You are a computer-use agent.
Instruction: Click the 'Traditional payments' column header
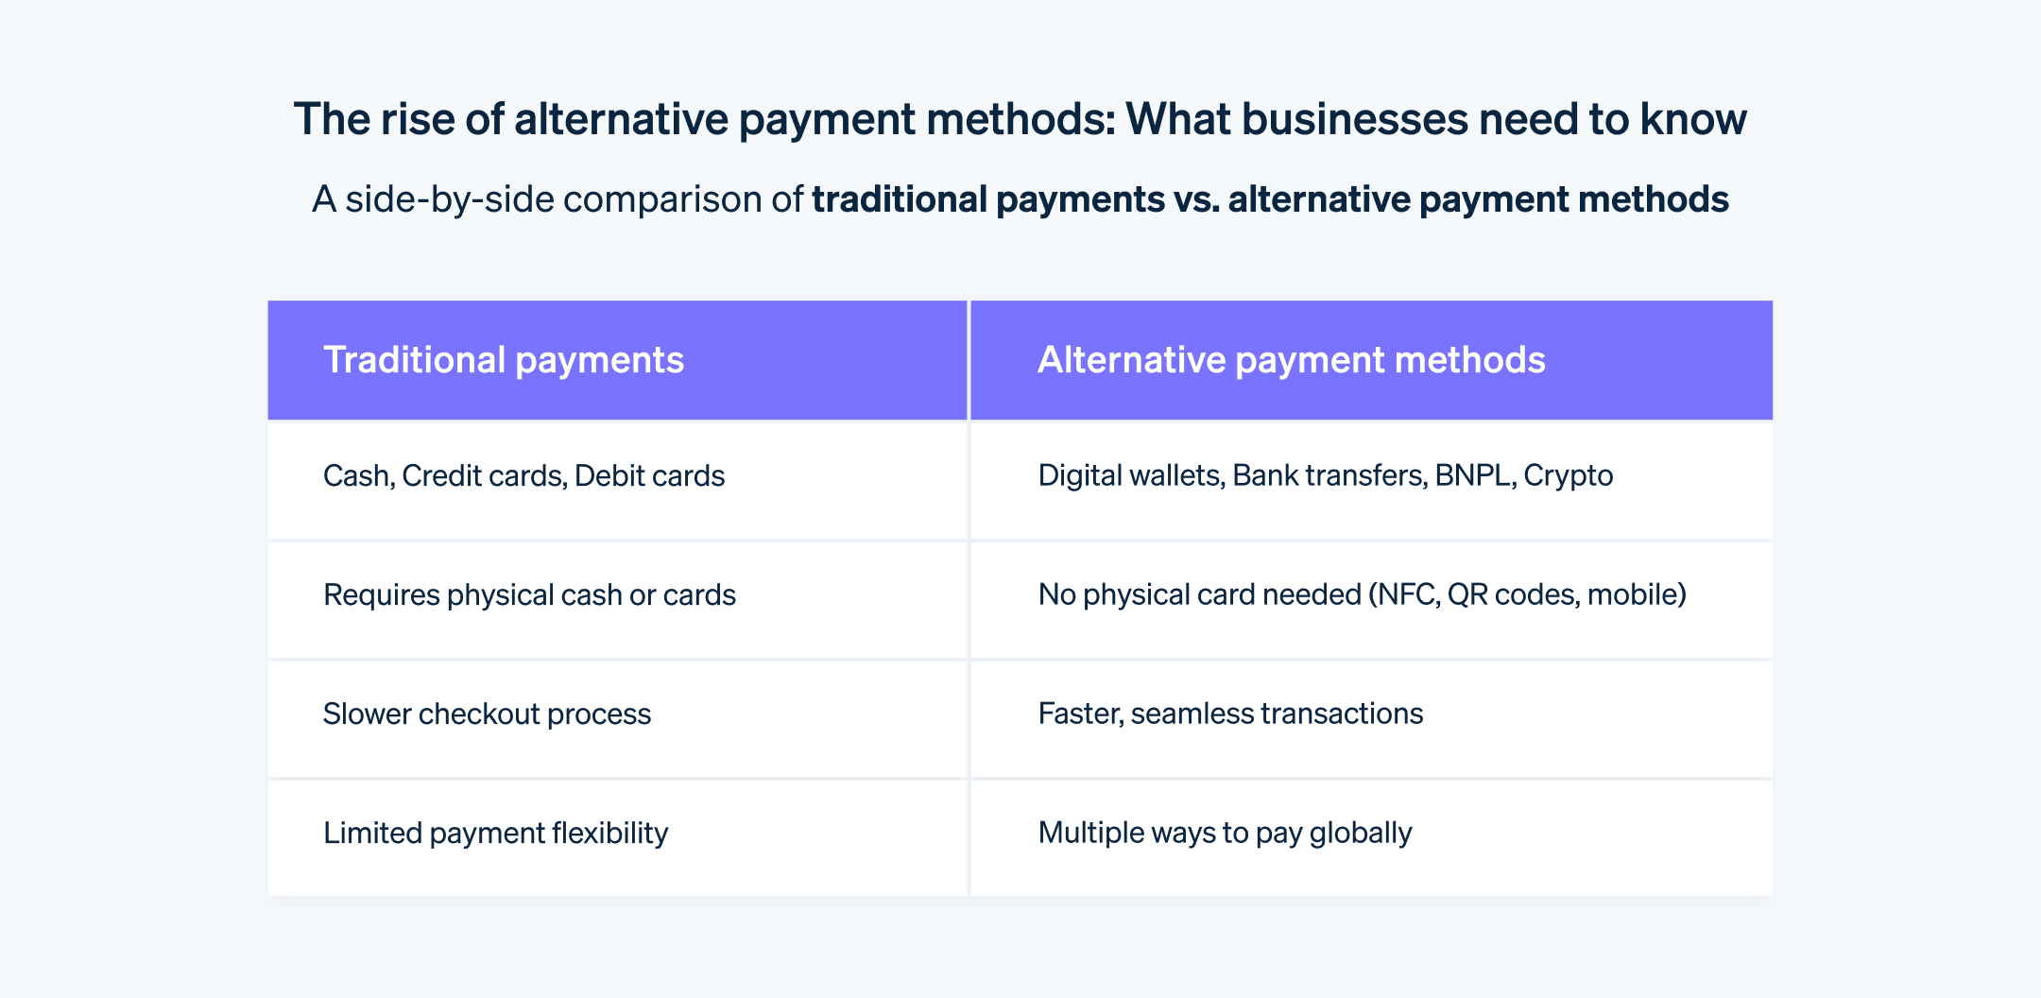click(504, 360)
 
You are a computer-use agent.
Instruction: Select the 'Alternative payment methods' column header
click(1291, 360)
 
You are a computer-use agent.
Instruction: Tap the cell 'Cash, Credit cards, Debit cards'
click(523, 475)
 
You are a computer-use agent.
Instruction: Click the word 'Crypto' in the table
click(1568, 475)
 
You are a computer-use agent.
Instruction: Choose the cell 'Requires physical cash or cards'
click(529, 594)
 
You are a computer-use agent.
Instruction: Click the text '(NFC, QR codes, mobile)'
click(1527, 594)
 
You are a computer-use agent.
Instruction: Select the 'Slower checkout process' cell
click(487, 714)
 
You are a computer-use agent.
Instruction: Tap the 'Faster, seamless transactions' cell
click(1230, 714)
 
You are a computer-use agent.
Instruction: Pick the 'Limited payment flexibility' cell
click(495, 833)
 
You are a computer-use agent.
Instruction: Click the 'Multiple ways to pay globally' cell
click(1225, 833)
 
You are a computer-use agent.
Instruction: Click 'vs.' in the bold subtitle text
click(1196, 199)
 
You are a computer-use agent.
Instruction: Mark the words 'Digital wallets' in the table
click(1131, 475)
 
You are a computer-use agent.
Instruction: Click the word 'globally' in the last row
click(1360, 833)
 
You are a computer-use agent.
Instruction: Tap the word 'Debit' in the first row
click(606, 475)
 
